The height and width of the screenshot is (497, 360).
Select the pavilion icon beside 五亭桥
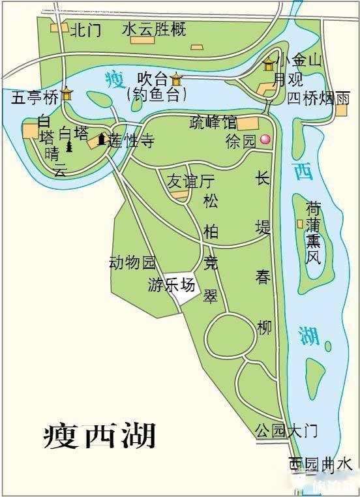point(67,95)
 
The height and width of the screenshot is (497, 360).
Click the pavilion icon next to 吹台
point(177,79)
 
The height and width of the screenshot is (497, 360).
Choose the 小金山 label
point(299,62)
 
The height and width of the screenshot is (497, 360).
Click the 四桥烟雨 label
point(320,98)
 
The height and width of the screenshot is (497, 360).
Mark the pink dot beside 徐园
point(265,140)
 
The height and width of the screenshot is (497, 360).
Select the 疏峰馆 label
point(213,121)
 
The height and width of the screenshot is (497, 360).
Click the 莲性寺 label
point(130,140)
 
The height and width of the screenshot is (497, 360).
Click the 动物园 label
point(132,263)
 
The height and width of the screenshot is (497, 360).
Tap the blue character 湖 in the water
point(309,334)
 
